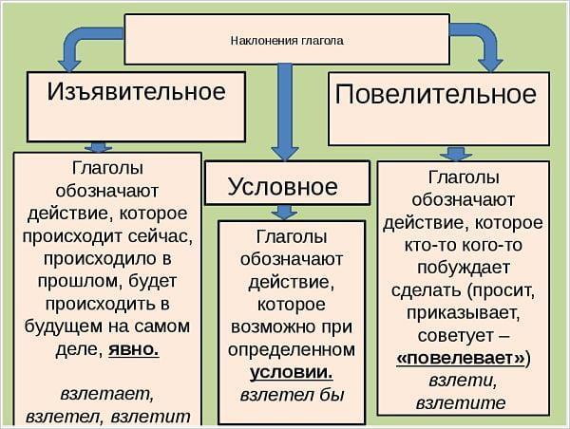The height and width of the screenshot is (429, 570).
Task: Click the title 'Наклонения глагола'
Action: [x=286, y=41]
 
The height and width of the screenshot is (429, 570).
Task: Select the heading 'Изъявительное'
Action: [x=136, y=91]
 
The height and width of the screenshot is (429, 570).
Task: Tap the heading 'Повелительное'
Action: [x=436, y=94]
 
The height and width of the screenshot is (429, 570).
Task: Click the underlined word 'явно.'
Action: [x=133, y=348]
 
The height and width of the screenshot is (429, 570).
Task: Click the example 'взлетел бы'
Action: [x=292, y=394]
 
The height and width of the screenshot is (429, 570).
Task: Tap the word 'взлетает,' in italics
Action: [x=106, y=392]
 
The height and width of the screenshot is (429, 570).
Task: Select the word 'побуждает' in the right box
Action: [x=463, y=268]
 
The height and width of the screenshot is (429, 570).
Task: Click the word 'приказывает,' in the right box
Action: [x=463, y=313]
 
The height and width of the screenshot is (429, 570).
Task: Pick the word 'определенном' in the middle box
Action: [x=292, y=349]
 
